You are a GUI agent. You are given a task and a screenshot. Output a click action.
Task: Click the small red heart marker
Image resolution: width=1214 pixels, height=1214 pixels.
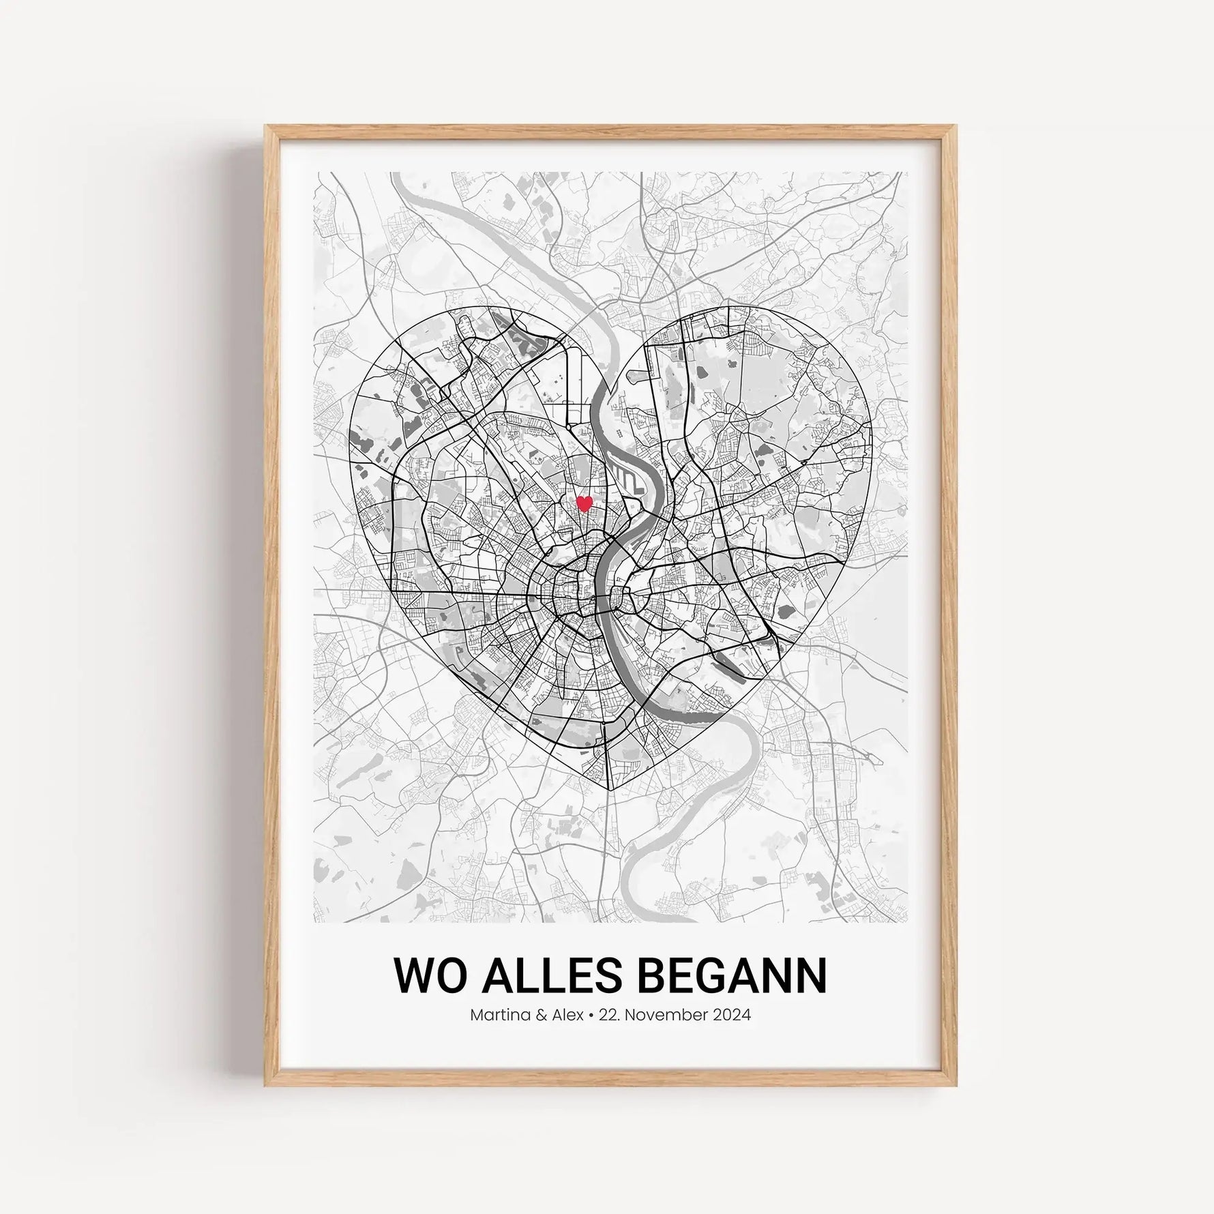pyautogui.click(x=584, y=504)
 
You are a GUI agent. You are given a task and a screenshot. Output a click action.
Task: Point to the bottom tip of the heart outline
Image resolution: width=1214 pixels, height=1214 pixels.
pyautogui.click(x=609, y=791)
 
